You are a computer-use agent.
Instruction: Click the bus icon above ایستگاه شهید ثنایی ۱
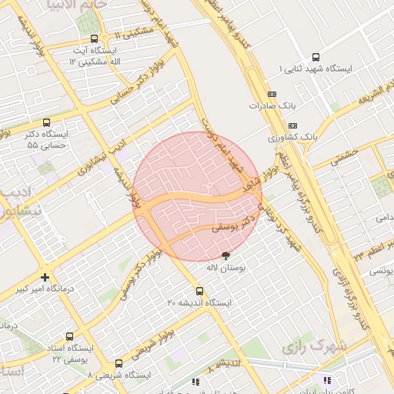[x=316, y=57]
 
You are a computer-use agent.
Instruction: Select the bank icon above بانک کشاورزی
[x=292, y=125]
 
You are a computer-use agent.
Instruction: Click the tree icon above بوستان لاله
[x=226, y=255]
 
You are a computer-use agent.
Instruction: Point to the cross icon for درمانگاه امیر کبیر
[x=46, y=277]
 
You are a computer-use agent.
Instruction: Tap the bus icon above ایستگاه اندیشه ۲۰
[x=199, y=292]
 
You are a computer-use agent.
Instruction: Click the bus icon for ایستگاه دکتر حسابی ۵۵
[x=47, y=122]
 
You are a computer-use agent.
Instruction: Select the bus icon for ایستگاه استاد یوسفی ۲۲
[x=71, y=336]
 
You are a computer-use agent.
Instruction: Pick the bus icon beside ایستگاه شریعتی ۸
[x=119, y=363]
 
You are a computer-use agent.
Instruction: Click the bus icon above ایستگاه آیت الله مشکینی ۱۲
[x=94, y=38]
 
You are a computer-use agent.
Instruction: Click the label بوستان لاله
[x=225, y=269]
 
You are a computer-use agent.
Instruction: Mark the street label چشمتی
[x=347, y=155]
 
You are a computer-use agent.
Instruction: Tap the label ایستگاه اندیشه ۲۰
[x=199, y=304]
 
